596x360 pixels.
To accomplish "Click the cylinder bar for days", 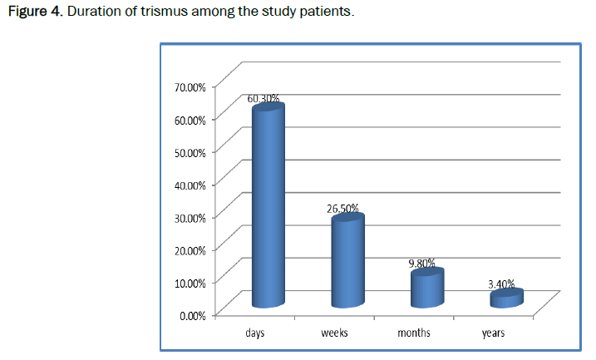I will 268,208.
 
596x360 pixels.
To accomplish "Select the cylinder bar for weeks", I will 347,263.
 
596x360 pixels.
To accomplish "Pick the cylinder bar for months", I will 426,288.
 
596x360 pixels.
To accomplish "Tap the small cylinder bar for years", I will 505,298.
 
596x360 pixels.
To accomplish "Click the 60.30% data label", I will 263,98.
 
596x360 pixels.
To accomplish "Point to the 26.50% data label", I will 343,208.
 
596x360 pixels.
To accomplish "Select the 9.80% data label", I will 421,263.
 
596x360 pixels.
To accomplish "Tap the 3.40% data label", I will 502,284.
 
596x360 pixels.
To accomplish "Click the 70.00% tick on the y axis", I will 190,86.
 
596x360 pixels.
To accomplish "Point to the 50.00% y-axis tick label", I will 190,151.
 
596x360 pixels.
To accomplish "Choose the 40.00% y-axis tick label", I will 190,184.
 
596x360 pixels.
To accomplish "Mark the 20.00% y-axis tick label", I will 190,249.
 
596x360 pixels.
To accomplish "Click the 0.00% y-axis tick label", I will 193,314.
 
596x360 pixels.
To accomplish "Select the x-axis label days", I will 255,333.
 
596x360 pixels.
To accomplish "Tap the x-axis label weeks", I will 334,333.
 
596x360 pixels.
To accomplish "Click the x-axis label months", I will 414,333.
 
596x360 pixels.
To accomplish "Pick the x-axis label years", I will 494,333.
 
